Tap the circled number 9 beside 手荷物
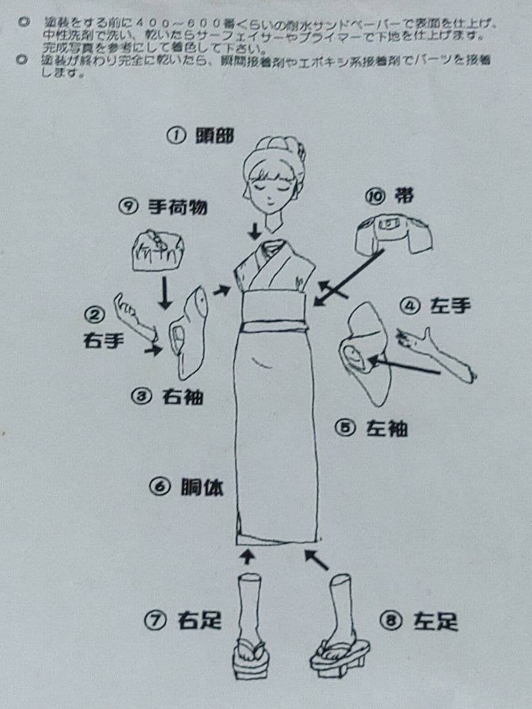(126, 207)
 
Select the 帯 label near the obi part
(405, 196)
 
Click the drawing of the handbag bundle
(158, 250)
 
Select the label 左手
(451, 306)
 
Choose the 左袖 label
(387, 429)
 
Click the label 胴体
(202, 488)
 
